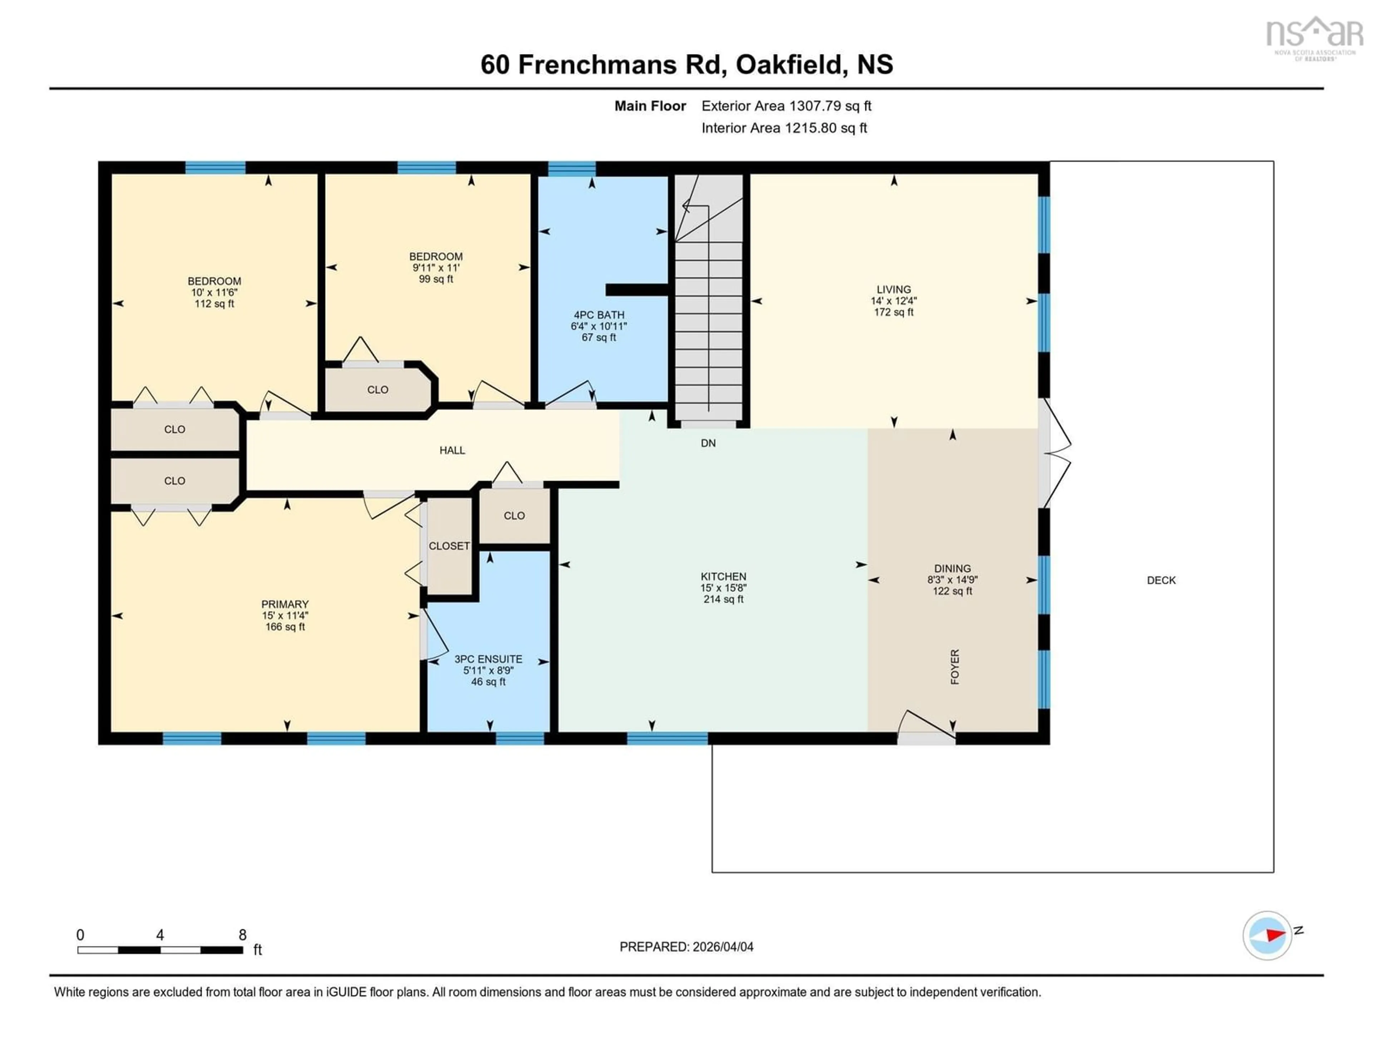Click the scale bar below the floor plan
(x=160, y=950)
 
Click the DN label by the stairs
(x=708, y=443)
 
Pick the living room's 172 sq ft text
(x=893, y=312)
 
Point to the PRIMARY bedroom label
(x=285, y=604)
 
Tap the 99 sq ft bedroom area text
(x=435, y=279)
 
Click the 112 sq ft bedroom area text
(x=215, y=304)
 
